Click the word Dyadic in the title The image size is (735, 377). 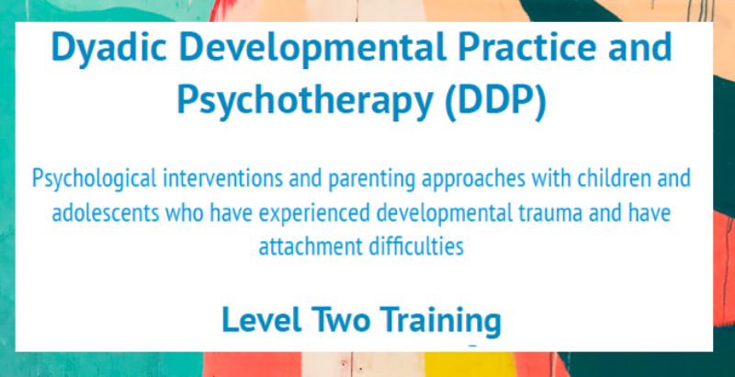point(109,49)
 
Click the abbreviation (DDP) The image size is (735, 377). point(495,101)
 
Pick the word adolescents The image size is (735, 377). point(106,213)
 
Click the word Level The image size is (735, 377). point(262,319)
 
